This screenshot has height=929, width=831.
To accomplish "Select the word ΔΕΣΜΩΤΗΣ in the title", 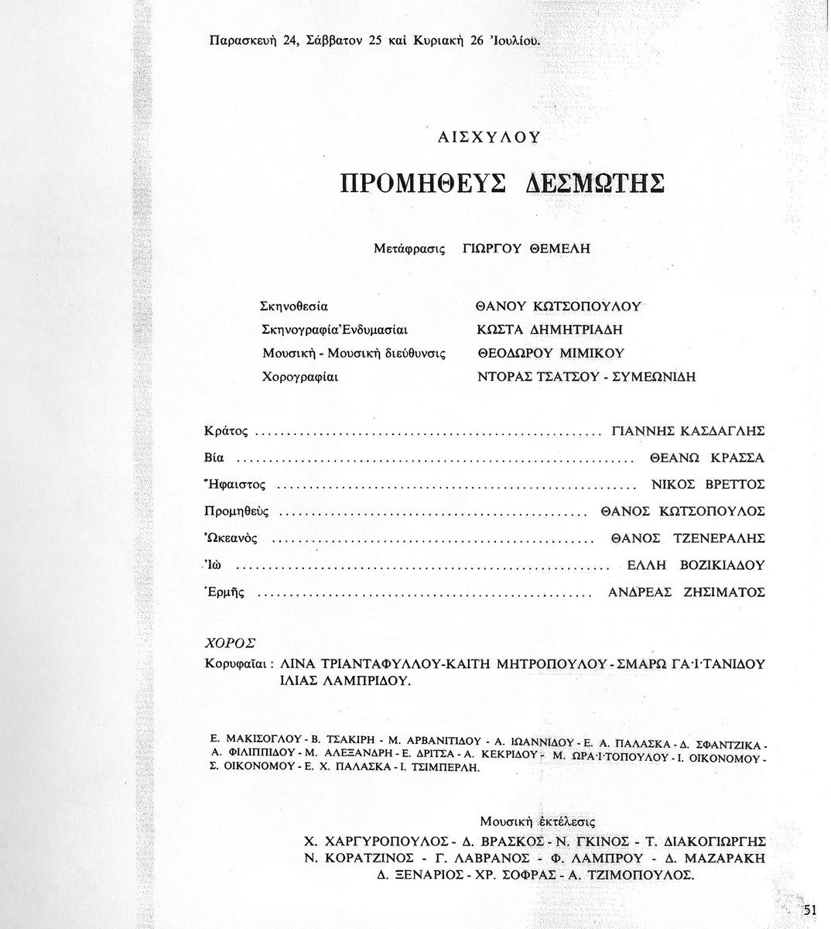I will click(x=595, y=183).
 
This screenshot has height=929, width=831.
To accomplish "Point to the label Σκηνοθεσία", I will click(x=296, y=306).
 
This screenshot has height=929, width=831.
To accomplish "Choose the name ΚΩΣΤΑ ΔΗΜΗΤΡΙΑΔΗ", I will click(x=550, y=330).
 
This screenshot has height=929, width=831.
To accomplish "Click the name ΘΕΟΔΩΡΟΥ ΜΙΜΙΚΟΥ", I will click(x=550, y=354).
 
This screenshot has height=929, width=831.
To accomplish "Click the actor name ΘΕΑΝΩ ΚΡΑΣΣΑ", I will click(x=707, y=458).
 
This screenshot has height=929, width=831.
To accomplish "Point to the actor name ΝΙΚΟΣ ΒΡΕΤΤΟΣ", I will click(x=709, y=485).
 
